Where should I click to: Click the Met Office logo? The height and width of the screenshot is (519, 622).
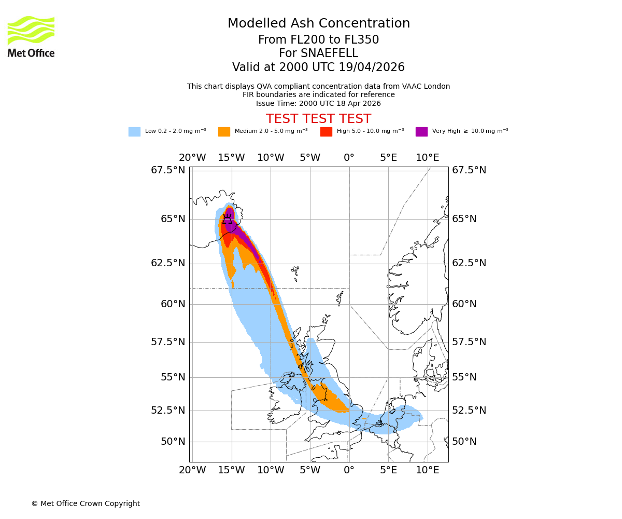(31, 36)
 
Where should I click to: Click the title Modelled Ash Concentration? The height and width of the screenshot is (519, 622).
(319, 23)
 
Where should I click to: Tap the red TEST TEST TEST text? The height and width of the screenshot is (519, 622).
(318, 119)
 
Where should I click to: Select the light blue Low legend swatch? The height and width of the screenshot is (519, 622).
(134, 132)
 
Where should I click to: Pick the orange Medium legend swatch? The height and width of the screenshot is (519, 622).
(224, 132)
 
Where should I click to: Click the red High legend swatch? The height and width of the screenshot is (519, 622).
(326, 132)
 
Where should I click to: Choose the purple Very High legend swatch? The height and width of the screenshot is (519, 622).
(421, 132)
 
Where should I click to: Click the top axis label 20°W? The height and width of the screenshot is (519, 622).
(192, 158)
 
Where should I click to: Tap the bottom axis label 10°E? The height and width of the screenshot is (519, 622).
(428, 470)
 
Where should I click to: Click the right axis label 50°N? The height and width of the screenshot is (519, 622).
(464, 442)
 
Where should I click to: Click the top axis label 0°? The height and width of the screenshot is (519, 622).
(349, 158)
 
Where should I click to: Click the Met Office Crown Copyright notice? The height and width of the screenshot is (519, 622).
(86, 503)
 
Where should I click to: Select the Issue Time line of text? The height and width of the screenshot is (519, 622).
(318, 103)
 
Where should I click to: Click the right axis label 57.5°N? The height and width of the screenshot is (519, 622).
(469, 342)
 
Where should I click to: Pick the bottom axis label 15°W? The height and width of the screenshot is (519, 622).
(231, 470)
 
